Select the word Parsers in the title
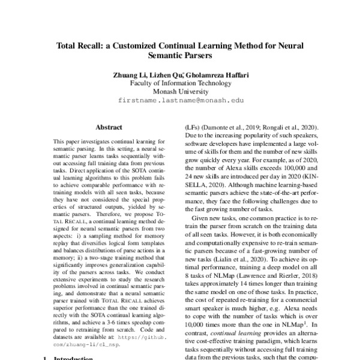click(x=196, y=57)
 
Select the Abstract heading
click(x=109, y=127)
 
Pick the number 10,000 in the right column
click(x=197, y=322)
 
